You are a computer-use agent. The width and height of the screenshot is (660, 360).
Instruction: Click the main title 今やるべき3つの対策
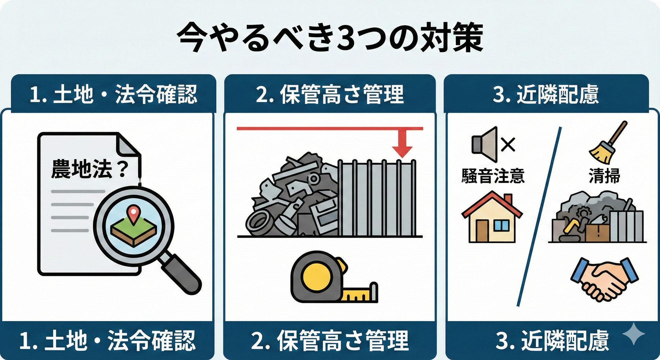pos(330,37)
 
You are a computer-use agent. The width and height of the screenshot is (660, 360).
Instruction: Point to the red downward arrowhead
pos(402,152)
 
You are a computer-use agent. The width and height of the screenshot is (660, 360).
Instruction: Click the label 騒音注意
pos(493,176)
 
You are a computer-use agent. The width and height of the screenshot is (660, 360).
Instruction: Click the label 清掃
pos(604,176)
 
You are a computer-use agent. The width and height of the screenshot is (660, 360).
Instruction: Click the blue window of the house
pos(501,226)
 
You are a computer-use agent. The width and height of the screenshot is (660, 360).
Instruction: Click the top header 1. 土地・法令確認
pos(113,94)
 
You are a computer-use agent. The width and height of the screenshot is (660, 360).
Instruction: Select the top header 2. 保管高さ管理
pos(330,94)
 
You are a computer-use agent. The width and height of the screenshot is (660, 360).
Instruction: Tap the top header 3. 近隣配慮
pos(546,94)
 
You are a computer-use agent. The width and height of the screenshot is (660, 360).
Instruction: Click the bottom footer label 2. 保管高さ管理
pos(330,341)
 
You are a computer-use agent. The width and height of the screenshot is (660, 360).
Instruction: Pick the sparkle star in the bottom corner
pos(633,334)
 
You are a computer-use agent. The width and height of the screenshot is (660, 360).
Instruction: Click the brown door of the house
pos(482,231)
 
